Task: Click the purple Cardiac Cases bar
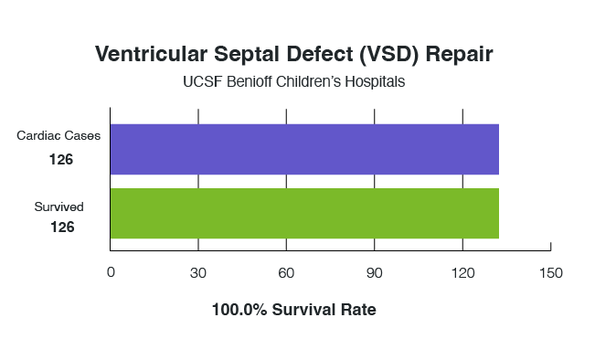(304, 149)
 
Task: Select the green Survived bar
(304, 213)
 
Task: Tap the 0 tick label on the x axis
(111, 272)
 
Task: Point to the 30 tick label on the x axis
(198, 272)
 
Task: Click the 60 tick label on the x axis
(286, 272)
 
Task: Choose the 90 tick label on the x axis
(374, 272)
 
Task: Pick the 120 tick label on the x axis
(462, 272)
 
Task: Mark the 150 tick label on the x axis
(550, 272)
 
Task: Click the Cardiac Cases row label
(58, 136)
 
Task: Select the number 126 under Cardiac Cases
(60, 159)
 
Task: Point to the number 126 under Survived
(60, 227)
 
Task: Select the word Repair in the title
(463, 54)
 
